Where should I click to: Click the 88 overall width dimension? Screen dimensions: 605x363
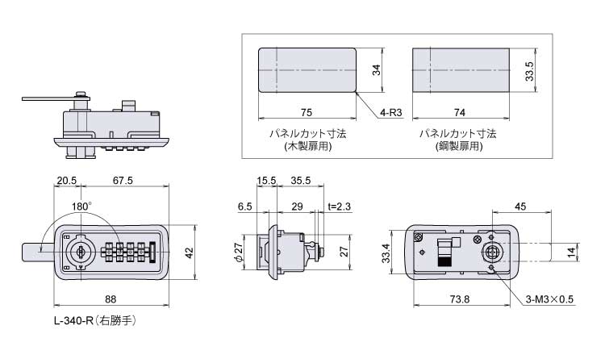[111, 299]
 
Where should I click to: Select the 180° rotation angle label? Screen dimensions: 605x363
[81, 207]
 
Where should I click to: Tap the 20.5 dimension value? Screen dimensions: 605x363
[67, 180]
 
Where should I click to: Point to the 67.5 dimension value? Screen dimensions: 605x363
[123, 180]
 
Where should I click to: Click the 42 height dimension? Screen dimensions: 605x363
[189, 252]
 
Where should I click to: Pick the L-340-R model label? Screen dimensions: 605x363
[73, 320]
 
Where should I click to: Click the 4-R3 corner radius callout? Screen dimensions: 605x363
[391, 112]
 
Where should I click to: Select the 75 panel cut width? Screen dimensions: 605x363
[306, 112]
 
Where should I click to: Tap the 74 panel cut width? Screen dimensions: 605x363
[459, 112]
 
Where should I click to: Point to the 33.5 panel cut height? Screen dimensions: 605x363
[529, 71]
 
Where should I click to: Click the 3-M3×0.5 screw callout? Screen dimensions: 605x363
[549, 299]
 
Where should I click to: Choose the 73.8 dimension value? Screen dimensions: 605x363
[460, 299]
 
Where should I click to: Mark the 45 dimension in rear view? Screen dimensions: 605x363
[520, 207]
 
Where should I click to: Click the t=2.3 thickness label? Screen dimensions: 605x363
[339, 207]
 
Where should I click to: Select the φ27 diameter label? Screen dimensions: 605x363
[239, 252]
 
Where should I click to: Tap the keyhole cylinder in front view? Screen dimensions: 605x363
[81, 252]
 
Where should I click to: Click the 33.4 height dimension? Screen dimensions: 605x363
[386, 253]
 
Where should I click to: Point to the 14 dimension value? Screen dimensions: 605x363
[571, 252]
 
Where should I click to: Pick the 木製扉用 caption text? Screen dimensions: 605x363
[307, 146]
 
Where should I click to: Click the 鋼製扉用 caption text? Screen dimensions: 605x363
[459, 146]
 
